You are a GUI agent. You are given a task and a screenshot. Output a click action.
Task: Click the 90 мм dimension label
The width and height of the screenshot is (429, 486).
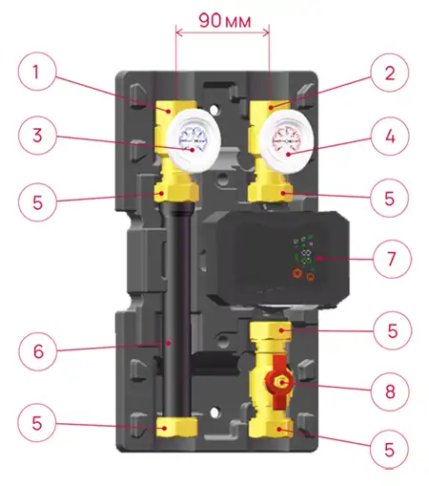[225, 21]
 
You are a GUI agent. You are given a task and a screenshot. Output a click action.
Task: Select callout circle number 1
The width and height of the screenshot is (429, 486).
[37, 72]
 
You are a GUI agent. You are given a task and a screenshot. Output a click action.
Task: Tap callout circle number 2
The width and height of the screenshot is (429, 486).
[390, 73]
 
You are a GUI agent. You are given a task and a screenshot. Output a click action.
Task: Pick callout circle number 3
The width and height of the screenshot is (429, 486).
[37, 136]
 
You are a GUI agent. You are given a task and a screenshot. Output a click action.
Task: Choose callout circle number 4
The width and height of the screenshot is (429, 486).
[390, 137]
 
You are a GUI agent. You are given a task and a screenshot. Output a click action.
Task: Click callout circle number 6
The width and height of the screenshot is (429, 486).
[38, 351]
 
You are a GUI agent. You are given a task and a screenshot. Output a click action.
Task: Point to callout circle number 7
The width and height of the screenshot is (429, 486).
[392, 259]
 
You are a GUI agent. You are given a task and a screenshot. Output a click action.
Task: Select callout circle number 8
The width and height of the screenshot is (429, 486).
[390, 391]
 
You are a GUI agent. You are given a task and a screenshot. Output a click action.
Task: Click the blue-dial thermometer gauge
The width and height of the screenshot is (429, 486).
[194, 140]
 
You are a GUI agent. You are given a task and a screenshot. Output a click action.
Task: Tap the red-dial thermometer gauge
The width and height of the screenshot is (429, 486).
[287, 141]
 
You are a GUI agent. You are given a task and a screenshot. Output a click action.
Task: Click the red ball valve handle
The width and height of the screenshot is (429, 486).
[279, 382]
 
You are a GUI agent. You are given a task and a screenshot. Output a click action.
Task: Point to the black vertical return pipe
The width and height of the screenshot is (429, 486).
[177, 312]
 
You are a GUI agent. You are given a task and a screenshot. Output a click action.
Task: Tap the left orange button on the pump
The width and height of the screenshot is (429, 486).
[297, 273]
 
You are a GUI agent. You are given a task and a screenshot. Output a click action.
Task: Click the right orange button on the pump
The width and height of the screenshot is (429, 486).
[311, 277]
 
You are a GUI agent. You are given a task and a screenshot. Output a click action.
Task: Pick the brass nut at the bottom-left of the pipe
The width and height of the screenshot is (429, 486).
[176, 428]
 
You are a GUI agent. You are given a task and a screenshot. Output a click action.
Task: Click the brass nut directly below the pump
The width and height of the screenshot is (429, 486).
[271, 330]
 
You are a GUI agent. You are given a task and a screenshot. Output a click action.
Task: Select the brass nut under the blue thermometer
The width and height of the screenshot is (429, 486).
[176, 193]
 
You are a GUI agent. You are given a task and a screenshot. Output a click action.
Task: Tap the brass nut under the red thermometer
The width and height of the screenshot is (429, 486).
[271, 193]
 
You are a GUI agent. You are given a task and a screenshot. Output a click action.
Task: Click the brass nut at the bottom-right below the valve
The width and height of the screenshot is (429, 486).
[271, 429]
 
